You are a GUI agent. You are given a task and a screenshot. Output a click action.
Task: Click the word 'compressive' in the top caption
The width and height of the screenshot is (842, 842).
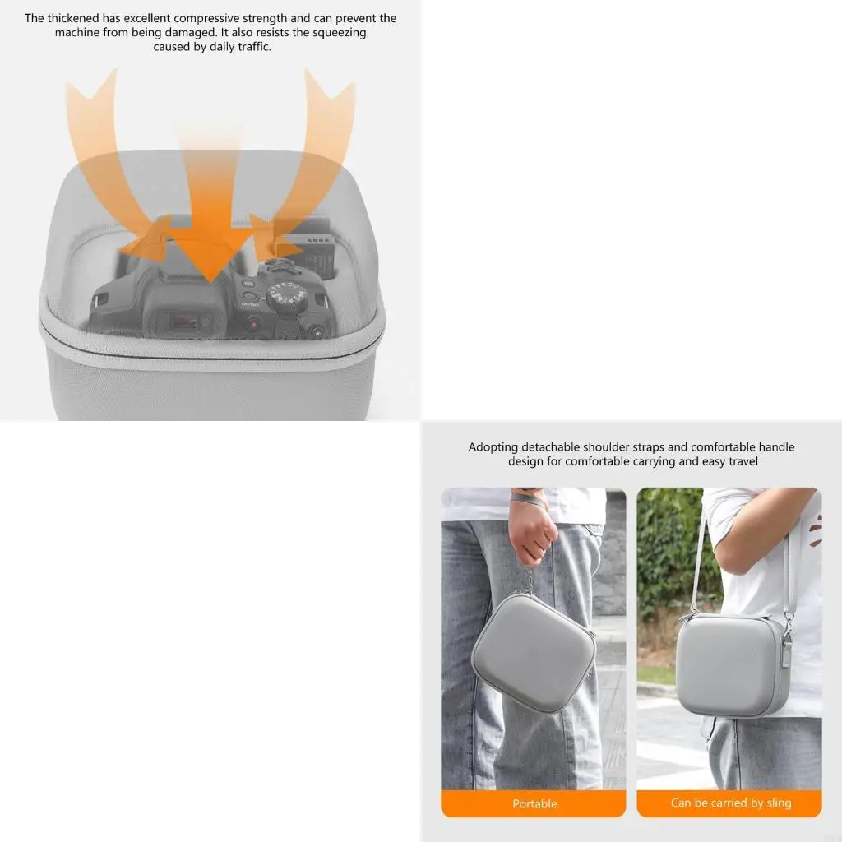[206, 19]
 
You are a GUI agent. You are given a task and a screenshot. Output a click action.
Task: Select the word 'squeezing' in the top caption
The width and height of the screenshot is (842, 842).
[339, 33]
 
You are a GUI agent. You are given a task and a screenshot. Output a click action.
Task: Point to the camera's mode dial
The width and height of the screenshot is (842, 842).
[287, 296]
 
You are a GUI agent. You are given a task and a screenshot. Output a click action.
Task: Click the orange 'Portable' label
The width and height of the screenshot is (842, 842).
[534, 803]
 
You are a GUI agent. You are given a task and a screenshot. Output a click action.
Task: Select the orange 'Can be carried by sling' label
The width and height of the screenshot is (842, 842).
[729, 803]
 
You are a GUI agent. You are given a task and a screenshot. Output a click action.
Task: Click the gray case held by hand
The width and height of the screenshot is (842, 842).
[533, 653]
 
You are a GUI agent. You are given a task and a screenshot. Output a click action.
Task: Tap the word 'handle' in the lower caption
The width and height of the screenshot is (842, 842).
[776, 446]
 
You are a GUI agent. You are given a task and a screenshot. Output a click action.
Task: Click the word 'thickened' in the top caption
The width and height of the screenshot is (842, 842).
[73, 18]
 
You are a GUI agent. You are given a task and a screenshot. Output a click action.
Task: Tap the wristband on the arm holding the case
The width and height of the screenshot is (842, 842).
[529, 497]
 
